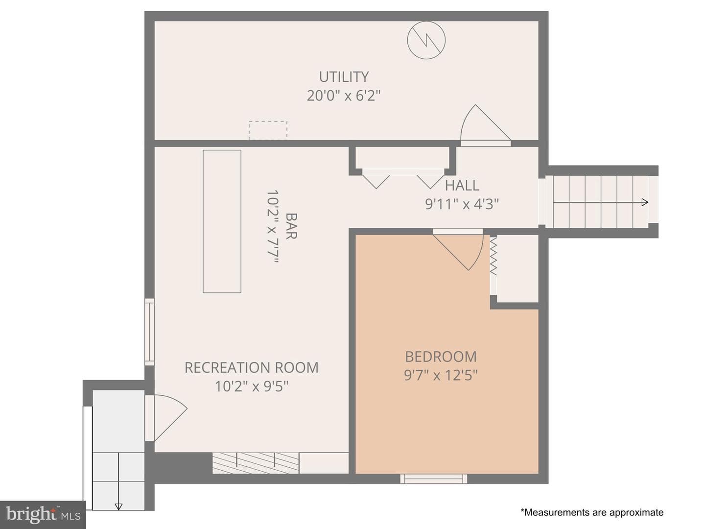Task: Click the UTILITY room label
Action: click(344, 77)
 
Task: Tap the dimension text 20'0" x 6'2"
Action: click(344, 96)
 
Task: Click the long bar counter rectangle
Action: click(222, 221)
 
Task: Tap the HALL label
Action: click(462, 185)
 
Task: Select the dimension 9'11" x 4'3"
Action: click(462, 204)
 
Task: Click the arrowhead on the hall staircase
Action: click(645, 202)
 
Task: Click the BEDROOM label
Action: click(441, 357)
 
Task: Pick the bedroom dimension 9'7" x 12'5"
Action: click(441, 375)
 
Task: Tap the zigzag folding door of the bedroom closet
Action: click(493, 256)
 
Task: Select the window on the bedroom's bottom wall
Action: click(434, 479)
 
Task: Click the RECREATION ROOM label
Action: click(252, 367)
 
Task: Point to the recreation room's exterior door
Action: click(165, 418)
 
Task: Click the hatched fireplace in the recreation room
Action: click(256, 463)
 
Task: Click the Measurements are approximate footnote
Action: click(591, 512)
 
